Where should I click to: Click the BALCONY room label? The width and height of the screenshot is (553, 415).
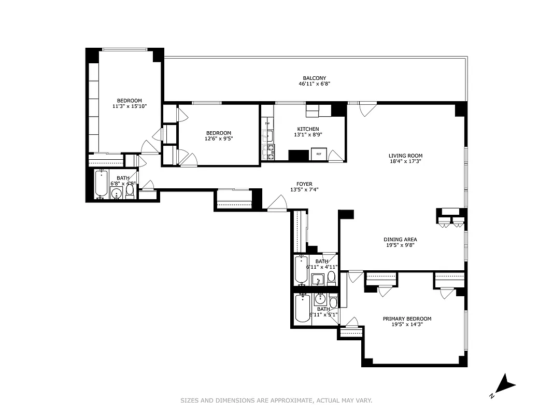pos(314,78)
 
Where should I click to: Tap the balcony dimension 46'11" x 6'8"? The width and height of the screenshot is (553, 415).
pos(314,84)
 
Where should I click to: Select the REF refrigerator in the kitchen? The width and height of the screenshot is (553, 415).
pos(319,154)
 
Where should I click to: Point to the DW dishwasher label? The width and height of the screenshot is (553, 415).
pos(267,123)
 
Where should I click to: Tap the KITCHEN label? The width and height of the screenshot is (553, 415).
pos(308,129)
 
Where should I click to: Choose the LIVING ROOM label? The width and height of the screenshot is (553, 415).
pos(405,156)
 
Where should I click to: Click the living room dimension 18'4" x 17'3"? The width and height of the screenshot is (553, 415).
pos(405,161)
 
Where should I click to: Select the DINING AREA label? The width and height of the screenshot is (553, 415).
pos(400,240)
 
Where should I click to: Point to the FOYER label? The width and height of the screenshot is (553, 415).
pos(304,184)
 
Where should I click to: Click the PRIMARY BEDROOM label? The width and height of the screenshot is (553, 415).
pos(407,319)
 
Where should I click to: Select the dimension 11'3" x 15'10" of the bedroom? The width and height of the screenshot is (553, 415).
pos(129,106)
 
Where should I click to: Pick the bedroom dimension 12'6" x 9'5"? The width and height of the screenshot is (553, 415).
pos(218,139)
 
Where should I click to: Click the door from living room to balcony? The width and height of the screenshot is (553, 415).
pos(367,108)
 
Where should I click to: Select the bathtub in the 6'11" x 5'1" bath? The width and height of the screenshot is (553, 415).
pos(302,310)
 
